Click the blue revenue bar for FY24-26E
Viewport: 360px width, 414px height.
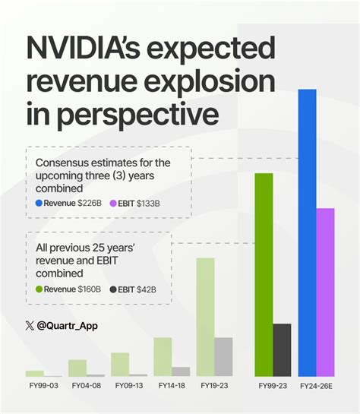tap(307, 232)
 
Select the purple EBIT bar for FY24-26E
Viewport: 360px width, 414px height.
tap(325, 292)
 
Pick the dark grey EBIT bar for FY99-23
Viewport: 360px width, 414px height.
tap(282, 350)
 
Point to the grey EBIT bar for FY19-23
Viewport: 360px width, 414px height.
tap(223, 357)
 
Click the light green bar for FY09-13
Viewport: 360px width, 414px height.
tap(120, 364)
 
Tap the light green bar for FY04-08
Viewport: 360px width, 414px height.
tap(77, 368)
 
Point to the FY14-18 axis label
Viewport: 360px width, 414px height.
tap(172, 386)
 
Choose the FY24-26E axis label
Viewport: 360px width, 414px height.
tap(316, 386)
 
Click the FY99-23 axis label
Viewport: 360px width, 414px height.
tap(273, 386)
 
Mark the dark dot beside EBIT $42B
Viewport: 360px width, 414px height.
tap(114, 289)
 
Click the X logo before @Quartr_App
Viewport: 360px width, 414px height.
tap(30, 326)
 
